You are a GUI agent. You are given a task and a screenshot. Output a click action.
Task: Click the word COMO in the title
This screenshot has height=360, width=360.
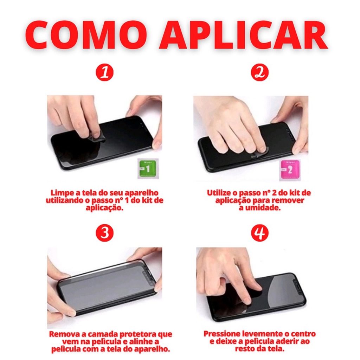85,35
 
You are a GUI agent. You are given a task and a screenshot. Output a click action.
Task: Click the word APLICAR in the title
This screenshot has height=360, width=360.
244,35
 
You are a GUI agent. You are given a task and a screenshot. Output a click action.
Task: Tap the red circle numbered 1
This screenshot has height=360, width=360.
105,72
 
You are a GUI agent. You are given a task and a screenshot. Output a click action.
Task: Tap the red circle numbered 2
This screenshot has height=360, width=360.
260,72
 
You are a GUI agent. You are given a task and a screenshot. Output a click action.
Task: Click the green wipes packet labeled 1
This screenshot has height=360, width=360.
148,168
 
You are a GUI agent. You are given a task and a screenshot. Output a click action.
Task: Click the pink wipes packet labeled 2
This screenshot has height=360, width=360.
290,170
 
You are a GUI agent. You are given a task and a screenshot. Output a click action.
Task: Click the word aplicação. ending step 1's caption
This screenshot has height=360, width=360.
105,208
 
